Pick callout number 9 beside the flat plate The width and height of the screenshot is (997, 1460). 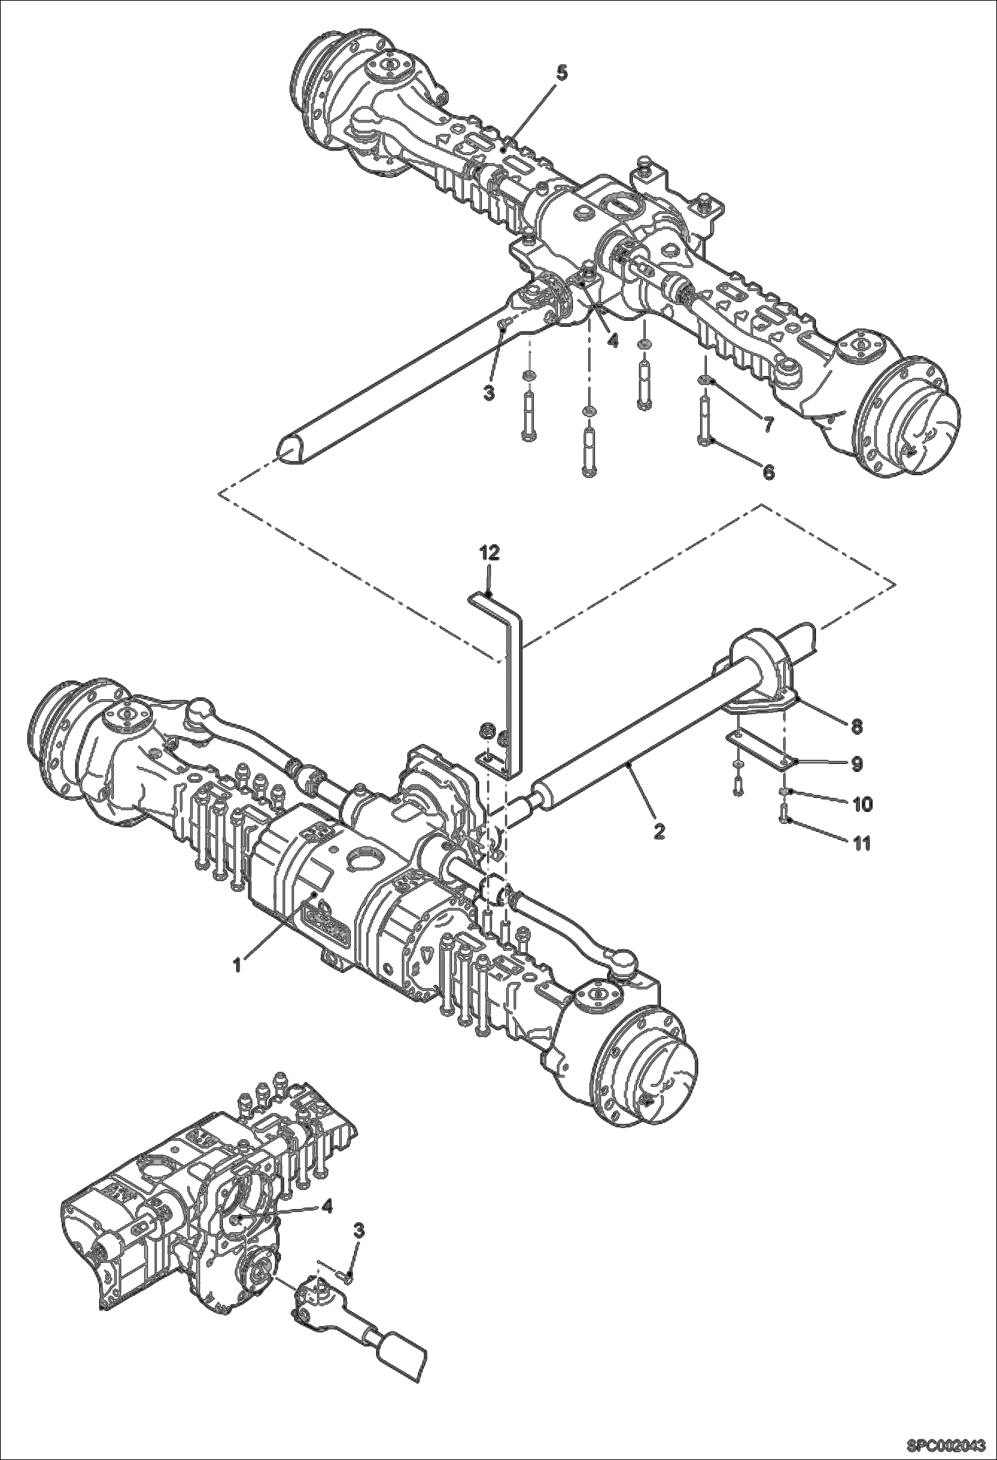(857, 765)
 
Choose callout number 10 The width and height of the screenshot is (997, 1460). (861, 805)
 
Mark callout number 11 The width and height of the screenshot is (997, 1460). (861, 844)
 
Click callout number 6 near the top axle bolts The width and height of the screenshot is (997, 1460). (768, 472)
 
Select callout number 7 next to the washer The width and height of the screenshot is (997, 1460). (768, 423)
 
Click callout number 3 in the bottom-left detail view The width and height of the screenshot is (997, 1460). (359, 1230)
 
